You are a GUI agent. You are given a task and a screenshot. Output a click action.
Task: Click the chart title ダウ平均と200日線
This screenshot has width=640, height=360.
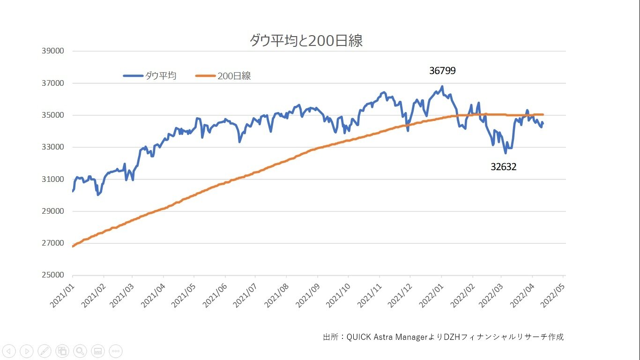point(306,40)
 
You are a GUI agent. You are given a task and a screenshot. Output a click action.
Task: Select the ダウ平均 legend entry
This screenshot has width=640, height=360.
point(150,76)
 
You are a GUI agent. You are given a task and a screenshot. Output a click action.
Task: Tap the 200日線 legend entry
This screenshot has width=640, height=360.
point(223,76)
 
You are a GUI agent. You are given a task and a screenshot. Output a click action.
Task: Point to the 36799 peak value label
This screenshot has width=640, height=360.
point(442,71)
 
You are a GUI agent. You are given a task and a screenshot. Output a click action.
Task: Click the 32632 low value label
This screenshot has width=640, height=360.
point(504,167)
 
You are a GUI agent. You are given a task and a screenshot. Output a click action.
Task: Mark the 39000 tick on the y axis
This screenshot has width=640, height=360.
point(53,51)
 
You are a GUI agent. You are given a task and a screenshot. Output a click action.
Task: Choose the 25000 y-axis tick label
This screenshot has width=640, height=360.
point(53,275)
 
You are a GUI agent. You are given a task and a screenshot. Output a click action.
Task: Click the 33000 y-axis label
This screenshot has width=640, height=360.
point(53,147)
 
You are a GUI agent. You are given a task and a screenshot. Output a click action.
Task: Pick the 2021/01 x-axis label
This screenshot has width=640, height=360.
point(62,296)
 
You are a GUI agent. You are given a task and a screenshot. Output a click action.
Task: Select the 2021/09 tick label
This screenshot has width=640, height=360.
point(307,296)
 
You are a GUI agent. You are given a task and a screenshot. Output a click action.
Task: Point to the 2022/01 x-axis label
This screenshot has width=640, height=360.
point(432,296)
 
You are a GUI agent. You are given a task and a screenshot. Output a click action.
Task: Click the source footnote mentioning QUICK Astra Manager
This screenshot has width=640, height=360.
point(443,337)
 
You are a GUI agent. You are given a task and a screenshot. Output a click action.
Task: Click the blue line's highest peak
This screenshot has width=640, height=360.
point(442,86)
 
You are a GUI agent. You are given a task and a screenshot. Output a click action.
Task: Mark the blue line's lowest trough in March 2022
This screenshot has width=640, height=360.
point(506,153)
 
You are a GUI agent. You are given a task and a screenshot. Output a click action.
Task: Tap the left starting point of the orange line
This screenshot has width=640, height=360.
point(73,246)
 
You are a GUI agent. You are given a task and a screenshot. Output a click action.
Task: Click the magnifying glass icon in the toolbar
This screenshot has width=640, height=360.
point(80,351)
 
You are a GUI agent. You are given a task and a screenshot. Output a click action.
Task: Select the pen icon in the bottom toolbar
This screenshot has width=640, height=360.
point(45,351)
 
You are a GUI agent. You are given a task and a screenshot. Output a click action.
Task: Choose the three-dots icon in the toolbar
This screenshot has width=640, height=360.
point(115,351)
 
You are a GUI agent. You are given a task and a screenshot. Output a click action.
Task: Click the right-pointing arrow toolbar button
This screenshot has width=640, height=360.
point(27,351)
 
